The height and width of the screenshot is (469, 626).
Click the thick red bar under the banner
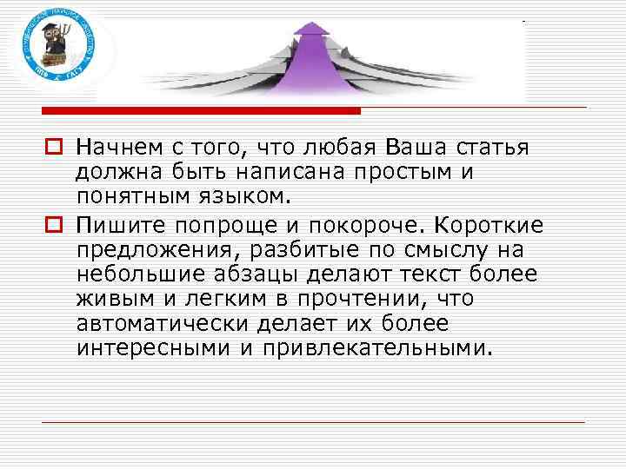[x=201, y=111]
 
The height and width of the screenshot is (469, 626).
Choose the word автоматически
[x=162, y=325]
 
